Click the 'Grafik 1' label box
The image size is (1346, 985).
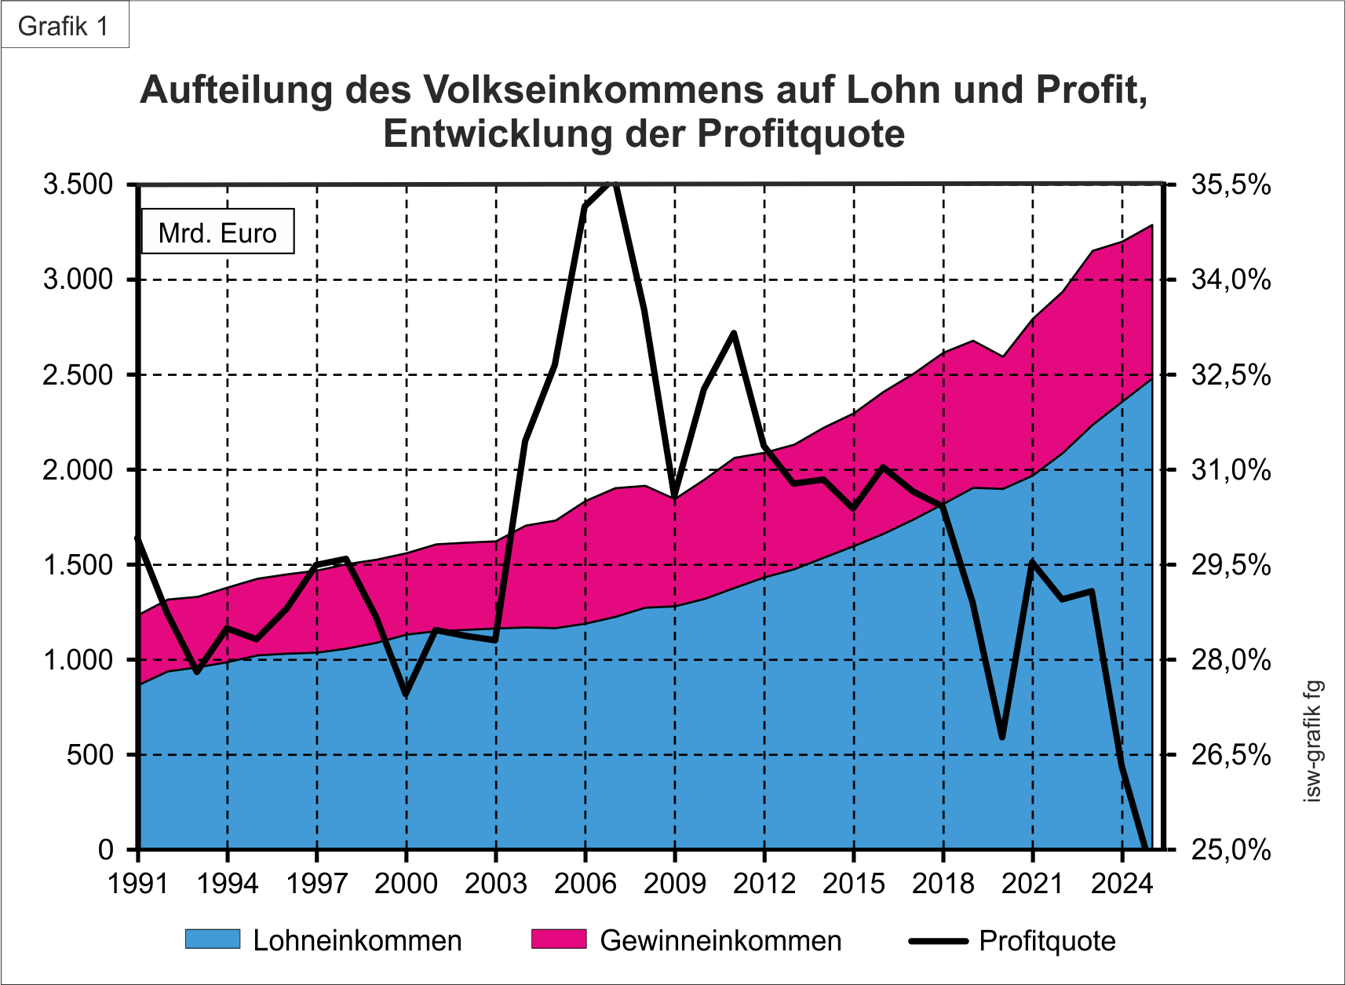click(x=64, y=26)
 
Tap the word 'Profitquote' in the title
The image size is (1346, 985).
click(x=801, y=133)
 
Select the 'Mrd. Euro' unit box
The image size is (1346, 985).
click(x=217, y=232)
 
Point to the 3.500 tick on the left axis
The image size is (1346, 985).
click(x=78, y=185)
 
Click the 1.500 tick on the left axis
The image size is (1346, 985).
click(x=78, y=565)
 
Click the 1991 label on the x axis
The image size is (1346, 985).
click(x=138, y=884)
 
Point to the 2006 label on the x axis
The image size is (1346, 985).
click(x=585, y=884)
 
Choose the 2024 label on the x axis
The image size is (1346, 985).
click(x=1122, y=884)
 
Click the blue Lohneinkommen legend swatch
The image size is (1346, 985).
click(x=213, y=939)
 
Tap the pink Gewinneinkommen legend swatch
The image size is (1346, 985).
click(x=559, y=939)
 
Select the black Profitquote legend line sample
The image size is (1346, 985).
click(x=938, y=940)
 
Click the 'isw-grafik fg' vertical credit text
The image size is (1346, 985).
click(x=1312, y=741)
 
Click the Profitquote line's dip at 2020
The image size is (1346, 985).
click(x=1002, y=737)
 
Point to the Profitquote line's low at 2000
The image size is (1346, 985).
click(x=406, y=695)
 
